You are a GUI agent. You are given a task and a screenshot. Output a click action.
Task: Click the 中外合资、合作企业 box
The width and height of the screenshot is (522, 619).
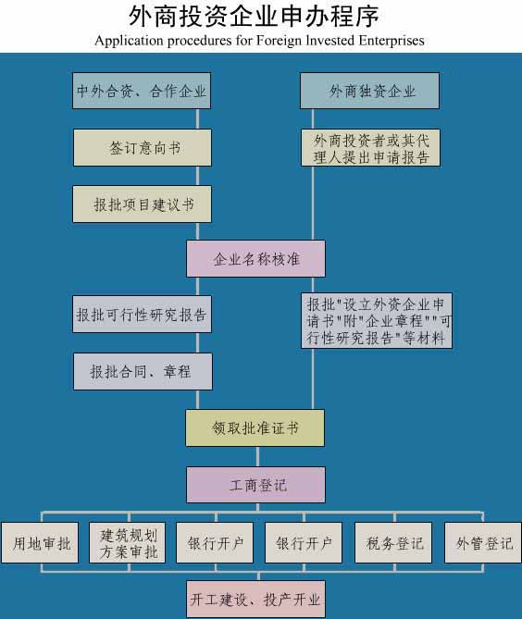point(142,91)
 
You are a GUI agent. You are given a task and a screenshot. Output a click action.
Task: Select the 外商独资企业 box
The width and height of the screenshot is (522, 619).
point(369,91)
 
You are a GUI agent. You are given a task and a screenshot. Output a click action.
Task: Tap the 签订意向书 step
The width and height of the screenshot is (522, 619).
point(143,148)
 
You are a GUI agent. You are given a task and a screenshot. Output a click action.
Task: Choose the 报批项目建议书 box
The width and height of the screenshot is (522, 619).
point(143,204)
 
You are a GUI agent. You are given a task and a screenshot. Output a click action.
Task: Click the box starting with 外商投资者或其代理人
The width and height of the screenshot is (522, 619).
point(370,148)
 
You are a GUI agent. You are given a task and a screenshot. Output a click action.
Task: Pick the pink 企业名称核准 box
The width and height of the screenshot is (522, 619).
point(255,258)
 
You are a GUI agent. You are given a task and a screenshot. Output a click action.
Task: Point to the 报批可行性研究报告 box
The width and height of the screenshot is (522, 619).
point(142,315)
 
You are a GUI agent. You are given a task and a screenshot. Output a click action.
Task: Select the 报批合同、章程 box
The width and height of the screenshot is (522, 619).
point(143,371)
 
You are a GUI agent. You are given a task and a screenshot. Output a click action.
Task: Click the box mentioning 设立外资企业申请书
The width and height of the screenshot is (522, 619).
point(377,320)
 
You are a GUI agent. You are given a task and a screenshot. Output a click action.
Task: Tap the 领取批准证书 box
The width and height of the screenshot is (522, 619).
point(255,427)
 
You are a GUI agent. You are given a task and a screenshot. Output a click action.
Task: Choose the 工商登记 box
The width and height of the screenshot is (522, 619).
point(255,485)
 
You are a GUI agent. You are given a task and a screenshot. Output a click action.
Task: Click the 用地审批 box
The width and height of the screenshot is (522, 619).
point(40,543)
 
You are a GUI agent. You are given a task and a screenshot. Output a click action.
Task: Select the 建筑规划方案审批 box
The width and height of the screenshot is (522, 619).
point(127,543)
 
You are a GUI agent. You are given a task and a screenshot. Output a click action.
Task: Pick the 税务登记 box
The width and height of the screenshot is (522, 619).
point(393,543)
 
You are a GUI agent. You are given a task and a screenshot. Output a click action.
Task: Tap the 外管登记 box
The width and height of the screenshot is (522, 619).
point(483,543)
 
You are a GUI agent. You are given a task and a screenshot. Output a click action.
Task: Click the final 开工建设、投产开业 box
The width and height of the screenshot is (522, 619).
point(255,599)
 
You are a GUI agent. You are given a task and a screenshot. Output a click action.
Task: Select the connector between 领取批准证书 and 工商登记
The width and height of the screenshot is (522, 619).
point(257,457)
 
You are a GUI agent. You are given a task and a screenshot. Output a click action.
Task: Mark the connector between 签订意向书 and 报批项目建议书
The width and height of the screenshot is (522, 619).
point(198,176)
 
